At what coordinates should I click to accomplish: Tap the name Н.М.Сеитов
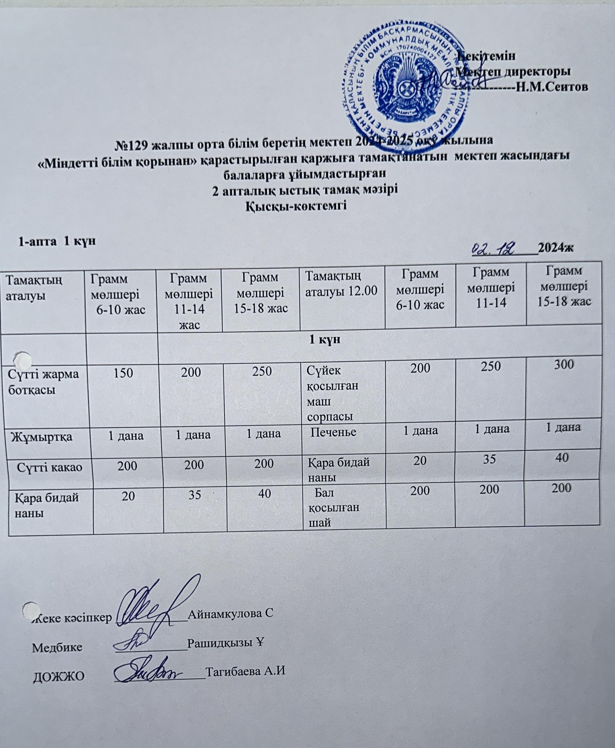click(x=552, y=87)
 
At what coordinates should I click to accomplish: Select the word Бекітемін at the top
click(x=487, y=56)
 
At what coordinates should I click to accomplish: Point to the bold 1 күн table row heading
click(x=325, y=340)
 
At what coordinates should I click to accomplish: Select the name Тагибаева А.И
click(x=246, y=671)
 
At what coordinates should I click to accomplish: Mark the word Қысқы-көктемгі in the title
click(x=296, y=206)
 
